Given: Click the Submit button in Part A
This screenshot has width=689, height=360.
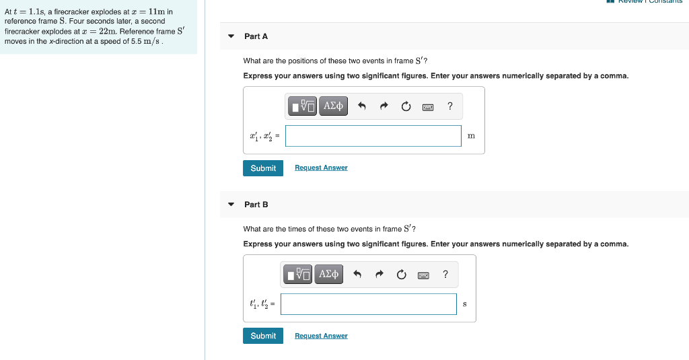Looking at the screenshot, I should coord(263,168).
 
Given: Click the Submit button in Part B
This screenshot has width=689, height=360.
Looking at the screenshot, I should coord(263,336).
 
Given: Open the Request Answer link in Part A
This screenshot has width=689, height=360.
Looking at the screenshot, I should coord(321,168).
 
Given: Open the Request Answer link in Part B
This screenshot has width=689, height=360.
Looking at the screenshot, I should coord(321,336).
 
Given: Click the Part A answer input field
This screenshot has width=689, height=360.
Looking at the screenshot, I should coord(373,136).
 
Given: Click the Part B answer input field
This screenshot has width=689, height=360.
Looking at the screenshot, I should coord(369,304).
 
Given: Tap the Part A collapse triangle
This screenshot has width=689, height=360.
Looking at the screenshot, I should coord(231,36).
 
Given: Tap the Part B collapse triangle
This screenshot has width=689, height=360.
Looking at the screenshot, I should coord(231,204).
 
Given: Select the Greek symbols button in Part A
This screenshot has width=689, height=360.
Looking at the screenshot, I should coord(334,106).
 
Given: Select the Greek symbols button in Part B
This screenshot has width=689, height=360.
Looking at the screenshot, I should coord(329,274).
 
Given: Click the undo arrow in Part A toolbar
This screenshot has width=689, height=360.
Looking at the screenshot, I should coord(361,106).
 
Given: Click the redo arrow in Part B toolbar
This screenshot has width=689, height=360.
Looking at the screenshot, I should coord(379,274).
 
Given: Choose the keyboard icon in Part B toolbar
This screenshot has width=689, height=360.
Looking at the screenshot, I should coord(423,275).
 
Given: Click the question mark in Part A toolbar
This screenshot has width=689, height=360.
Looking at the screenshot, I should coord(450,106).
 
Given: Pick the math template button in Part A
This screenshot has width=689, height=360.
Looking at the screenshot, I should coord(303,106).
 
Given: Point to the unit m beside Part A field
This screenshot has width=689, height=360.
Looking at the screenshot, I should coord(471,136).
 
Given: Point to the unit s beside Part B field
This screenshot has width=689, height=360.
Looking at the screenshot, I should coord(465,304).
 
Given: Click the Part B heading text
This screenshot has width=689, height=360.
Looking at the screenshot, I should coord(256,204).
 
